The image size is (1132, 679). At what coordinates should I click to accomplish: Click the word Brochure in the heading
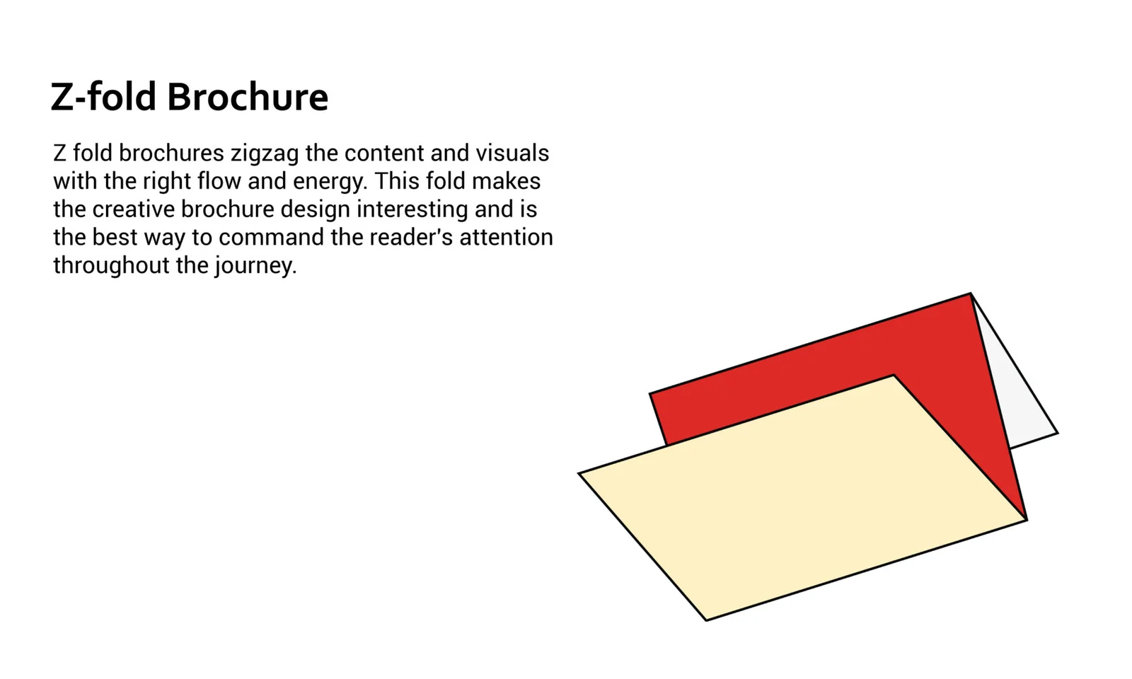(248, 96)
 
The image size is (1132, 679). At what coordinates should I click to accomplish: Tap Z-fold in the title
(103, 96)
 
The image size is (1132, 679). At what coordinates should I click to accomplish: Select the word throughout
(111, 265)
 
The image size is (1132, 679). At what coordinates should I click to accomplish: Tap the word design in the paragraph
(316, 210)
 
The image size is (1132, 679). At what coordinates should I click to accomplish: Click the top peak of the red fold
(970, 294)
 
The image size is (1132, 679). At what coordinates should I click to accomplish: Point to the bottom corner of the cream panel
(707, 620)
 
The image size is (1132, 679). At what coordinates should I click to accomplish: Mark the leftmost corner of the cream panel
(579, 473)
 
